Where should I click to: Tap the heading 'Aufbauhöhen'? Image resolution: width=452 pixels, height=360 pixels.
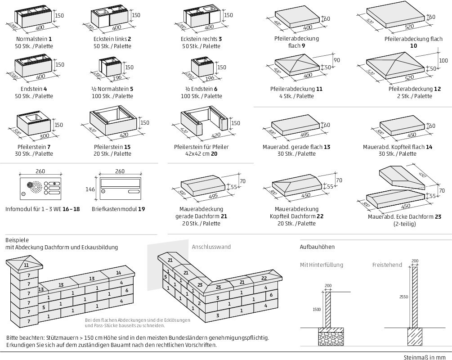coord(317,247)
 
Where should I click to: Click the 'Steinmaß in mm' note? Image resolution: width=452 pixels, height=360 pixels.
coord(427,357)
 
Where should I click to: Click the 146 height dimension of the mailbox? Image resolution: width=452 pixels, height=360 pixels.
coord(91,189)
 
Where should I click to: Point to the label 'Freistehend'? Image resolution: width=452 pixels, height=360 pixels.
coord(387,265)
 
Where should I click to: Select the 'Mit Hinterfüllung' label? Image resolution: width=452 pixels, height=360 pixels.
coord(321,265)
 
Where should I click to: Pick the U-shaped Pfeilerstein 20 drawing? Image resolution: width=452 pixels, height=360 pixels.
coord(206,122)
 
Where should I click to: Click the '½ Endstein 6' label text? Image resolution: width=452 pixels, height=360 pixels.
coord(201,89)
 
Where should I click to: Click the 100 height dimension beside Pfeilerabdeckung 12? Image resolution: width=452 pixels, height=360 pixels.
coord(443,60)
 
